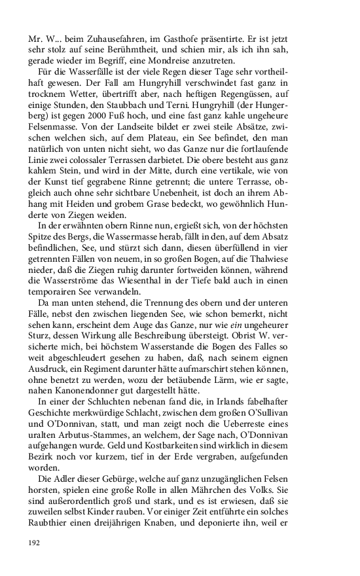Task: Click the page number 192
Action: [34, 543]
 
